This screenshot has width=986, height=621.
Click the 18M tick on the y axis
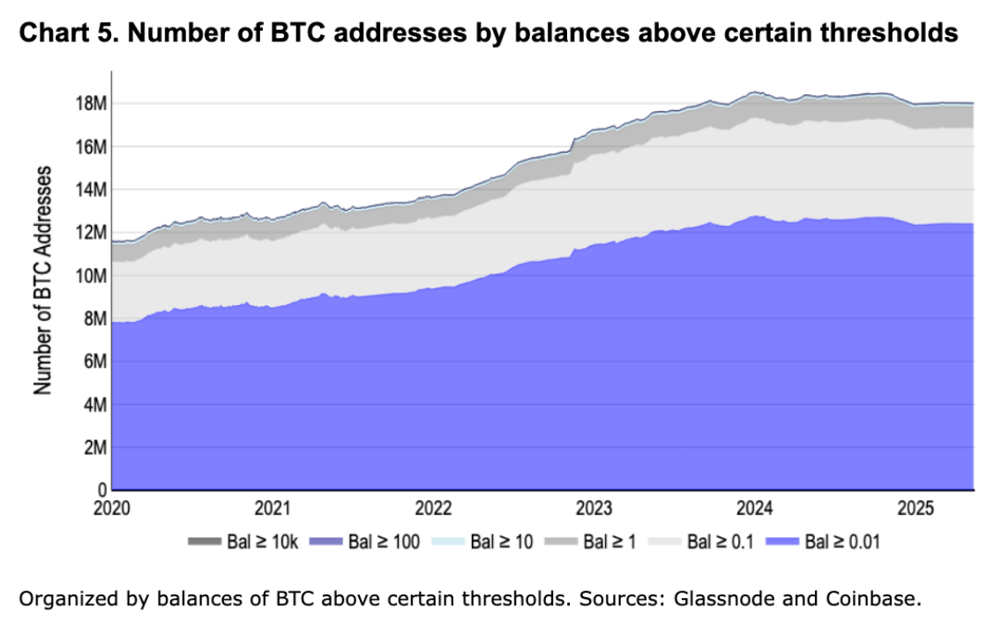91,103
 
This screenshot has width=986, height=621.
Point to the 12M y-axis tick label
91,233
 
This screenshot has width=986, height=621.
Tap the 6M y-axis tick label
95,362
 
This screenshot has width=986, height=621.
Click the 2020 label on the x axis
113,509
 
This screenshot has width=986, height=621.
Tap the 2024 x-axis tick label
755,509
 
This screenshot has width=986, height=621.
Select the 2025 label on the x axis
915,509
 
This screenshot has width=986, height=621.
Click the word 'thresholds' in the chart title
887,34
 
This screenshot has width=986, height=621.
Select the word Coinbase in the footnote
870,599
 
